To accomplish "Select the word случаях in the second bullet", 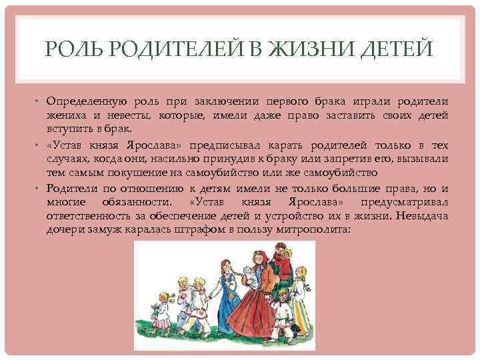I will [x=67, y=159].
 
